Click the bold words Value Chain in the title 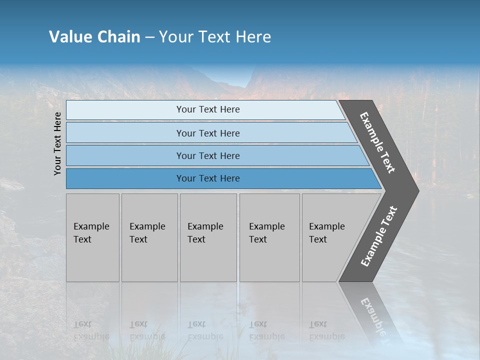coord(94,37)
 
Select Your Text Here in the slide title coord(215,37)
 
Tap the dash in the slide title coord(149,37)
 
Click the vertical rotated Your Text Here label coord(57,143)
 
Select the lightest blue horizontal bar coord(207,109)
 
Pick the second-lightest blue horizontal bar coord(207,133)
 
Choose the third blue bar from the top coord(207,155)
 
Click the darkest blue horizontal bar coord(207,178)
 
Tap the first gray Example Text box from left coord(92,237)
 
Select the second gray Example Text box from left coord(149,237)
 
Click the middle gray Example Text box coord(208,237)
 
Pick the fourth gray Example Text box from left coord(269,237)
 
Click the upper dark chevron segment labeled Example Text coord(378,142)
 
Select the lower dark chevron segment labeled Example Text coord(379,236)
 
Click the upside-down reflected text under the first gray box coord(91,330)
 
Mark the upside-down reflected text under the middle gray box coord(205,330)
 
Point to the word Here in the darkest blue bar coord(229,178)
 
